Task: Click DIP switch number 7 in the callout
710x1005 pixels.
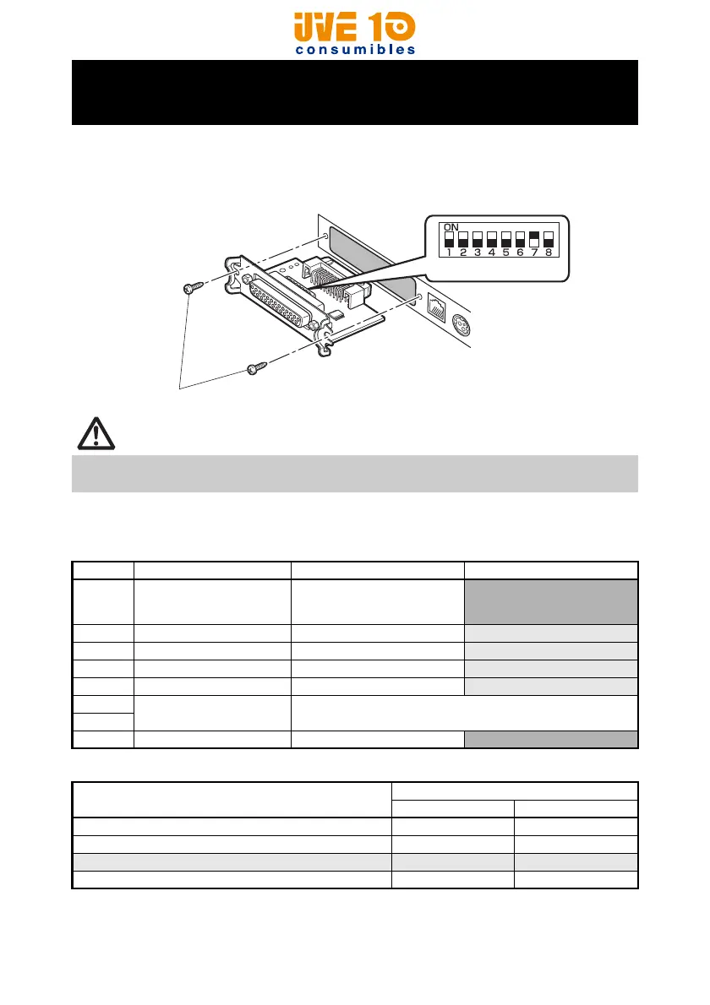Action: coord(533,239)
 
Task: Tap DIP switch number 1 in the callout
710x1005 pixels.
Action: coord(450,239)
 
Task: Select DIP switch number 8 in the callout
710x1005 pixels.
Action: coord(548,239)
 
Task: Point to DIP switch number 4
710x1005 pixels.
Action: coord(492,239)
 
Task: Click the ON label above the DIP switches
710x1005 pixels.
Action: coord(451,226)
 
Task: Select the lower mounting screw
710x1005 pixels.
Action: coord(255,368)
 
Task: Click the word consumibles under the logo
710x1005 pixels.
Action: coord(355,49)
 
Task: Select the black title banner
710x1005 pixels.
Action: coord(354,92)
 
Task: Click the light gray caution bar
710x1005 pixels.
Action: coord(354,473)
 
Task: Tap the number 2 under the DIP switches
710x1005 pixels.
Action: coord(463,252)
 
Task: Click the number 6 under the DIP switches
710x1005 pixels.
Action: coord(520,252)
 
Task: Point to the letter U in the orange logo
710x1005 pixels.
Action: coord(306,28)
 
